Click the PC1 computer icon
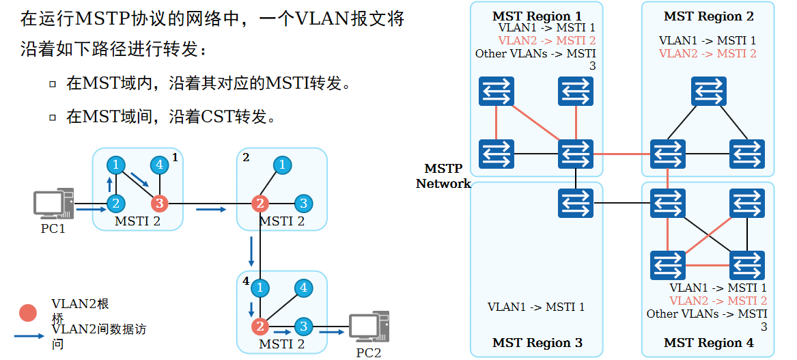(53, 203)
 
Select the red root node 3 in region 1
(159, 203)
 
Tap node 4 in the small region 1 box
(159, 165)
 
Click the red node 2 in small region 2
(260, 203)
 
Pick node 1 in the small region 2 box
(281, 165)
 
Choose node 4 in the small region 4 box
(304, 288)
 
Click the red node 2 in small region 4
(260, 326)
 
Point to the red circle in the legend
(28, 313)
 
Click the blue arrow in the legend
(31, 336)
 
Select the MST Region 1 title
(537, 16)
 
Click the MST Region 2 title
(708, 16)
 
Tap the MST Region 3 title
(537, 343)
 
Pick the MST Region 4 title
(708, 343)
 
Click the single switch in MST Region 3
(576, 204)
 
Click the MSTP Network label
(443, 176)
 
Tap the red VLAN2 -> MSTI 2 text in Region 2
(708, 53)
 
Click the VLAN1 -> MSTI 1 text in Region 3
(536, 307)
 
